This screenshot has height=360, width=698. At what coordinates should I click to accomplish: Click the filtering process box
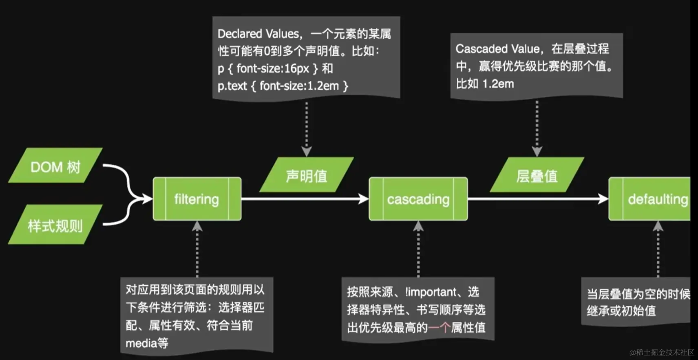pos(197,199)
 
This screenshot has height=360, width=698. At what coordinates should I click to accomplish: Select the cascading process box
pos(418,199)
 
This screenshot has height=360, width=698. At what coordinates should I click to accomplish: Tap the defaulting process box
pos(652,199)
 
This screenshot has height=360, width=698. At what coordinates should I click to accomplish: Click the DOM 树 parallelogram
pos(55,166)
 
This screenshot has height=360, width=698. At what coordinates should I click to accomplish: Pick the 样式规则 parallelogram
pos(55,225)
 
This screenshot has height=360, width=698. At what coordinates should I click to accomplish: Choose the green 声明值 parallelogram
pos(307,175)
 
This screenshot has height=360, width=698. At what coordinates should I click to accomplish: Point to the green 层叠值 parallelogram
pos(537,175)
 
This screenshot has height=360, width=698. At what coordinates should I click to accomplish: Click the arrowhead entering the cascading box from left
pos(363,199)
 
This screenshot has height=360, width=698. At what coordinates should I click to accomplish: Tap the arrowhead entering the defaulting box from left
pos(603,199)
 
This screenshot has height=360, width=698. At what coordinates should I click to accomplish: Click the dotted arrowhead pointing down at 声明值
pos(307,152)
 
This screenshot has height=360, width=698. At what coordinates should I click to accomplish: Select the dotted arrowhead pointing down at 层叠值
pos(537,152)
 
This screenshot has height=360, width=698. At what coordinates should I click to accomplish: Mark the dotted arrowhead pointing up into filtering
pos(197,226)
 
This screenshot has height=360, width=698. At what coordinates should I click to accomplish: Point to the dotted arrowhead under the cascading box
pos(418,226)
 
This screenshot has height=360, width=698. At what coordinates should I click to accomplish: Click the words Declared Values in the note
pos(259,33)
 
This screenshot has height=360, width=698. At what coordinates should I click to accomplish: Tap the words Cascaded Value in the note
pos(498,49)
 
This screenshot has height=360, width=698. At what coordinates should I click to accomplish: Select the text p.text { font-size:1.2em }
pos(283,86)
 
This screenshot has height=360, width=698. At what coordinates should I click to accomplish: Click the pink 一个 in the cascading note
pos(439,327)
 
